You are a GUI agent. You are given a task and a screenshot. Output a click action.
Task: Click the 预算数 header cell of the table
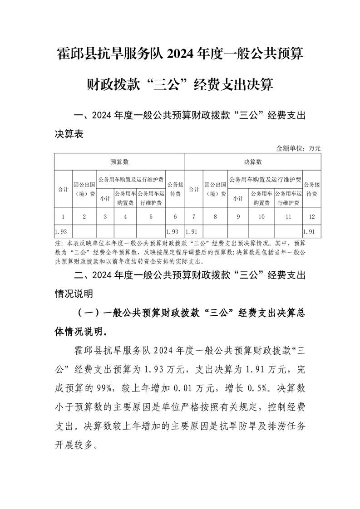tap(120, 162)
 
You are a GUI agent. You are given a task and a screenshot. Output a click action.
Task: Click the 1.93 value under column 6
tap(175, 231)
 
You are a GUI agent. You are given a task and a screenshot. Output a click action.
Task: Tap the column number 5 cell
tap(151, 217)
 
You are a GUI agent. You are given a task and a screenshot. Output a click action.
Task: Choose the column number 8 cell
tap(215, 217)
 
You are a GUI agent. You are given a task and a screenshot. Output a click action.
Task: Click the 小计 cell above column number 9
tap(238, 198)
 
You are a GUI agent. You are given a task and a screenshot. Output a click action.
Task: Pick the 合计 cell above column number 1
tap(63, 189)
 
